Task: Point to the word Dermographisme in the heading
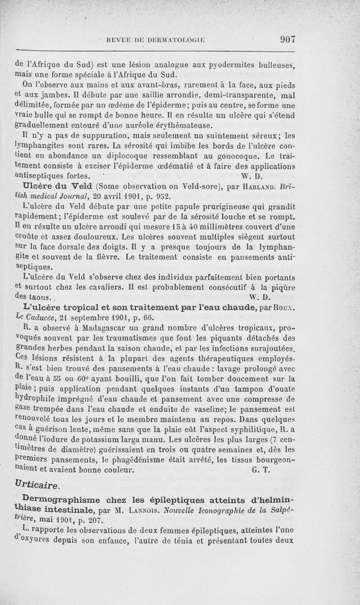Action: [x=56, y=499]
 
